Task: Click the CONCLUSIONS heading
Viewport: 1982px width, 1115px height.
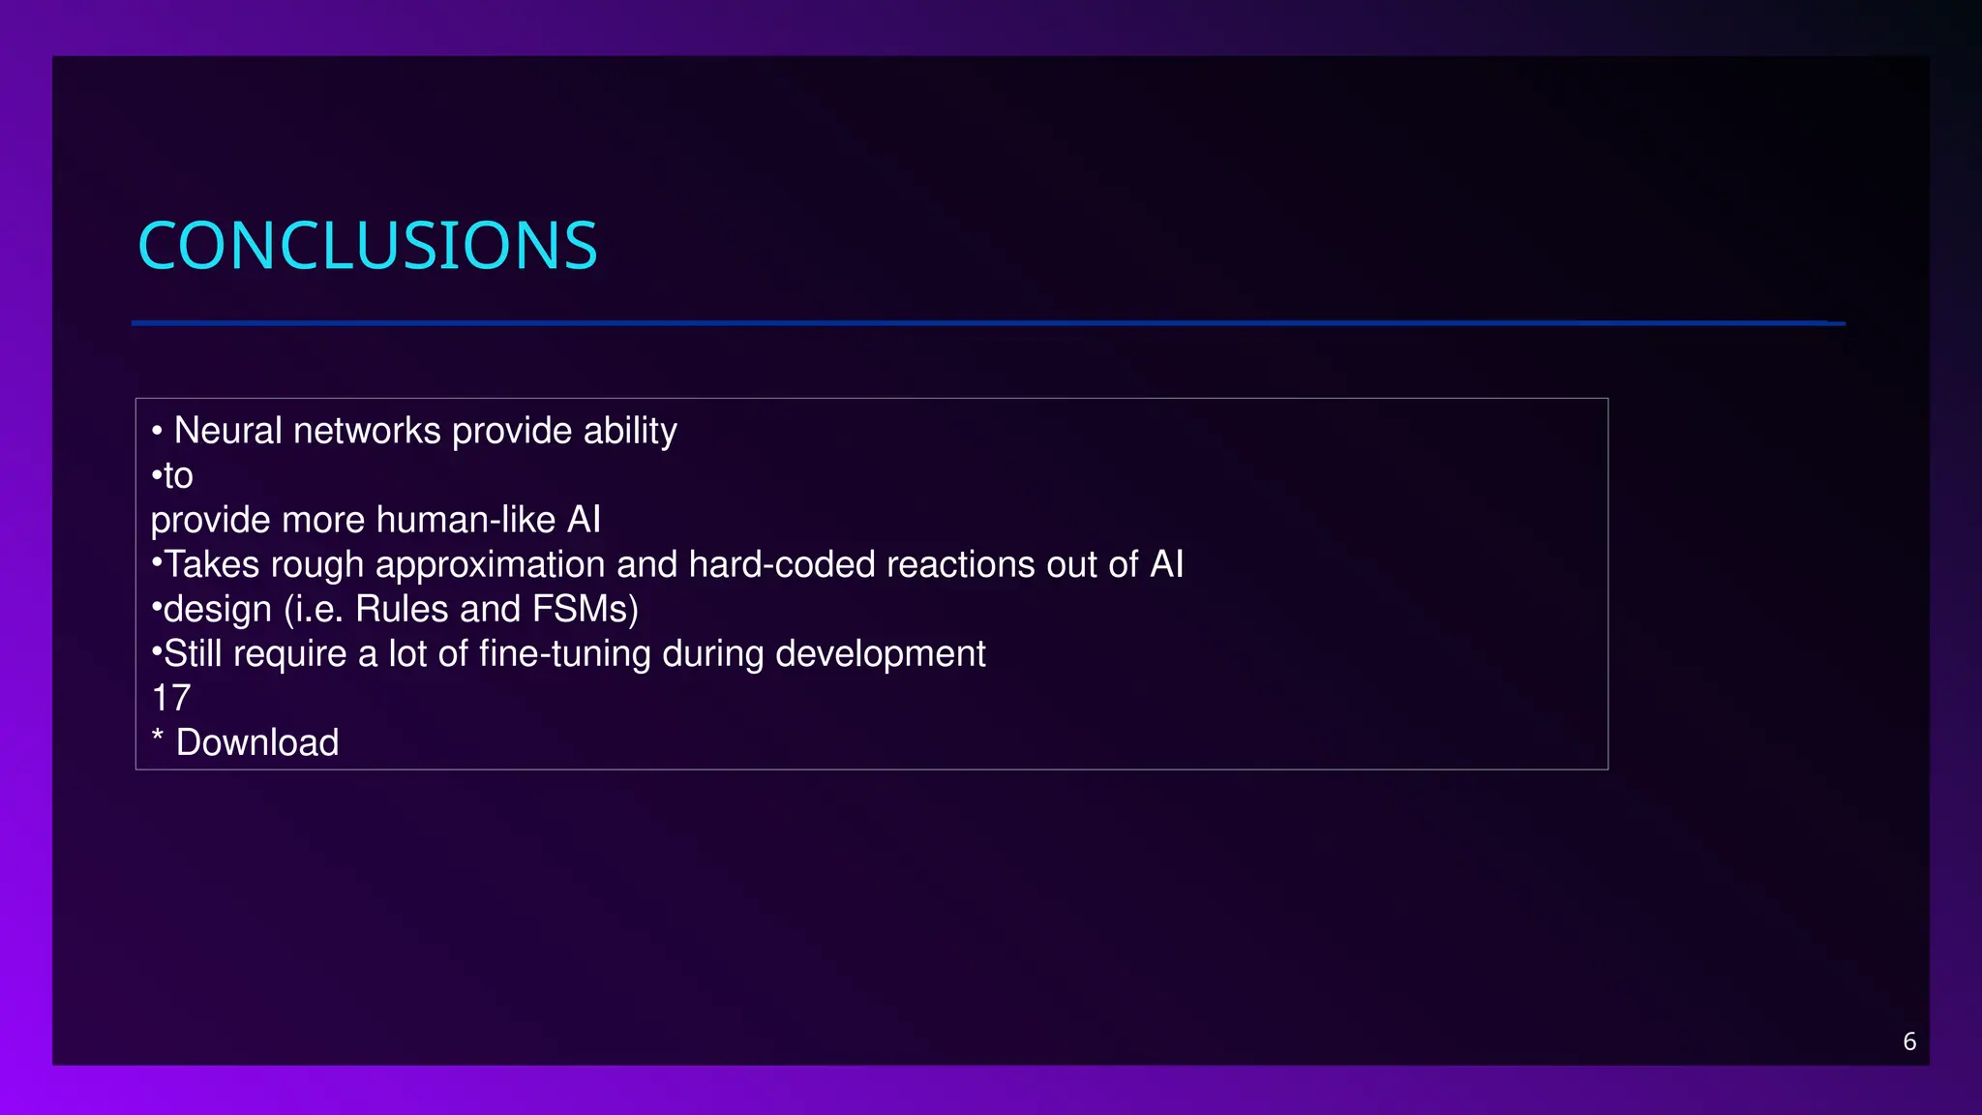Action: click(x=368, y=246)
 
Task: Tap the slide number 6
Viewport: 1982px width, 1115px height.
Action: click(x=1908, y=1041)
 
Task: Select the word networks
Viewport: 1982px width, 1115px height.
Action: click(x=367, y=431)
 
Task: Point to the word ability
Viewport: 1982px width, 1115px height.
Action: click(x=629, y=431)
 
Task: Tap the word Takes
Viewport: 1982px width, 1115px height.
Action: click(x=211, y=564)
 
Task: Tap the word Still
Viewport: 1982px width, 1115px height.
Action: click(x=193, y=653)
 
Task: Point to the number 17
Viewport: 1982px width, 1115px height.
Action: click(x=171, y=698)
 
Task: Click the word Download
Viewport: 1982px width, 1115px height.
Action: click(x=257, y=742)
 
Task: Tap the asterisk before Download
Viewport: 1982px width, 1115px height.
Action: click(x=158, y=738)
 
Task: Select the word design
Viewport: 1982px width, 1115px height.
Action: click(x=218, y=609)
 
